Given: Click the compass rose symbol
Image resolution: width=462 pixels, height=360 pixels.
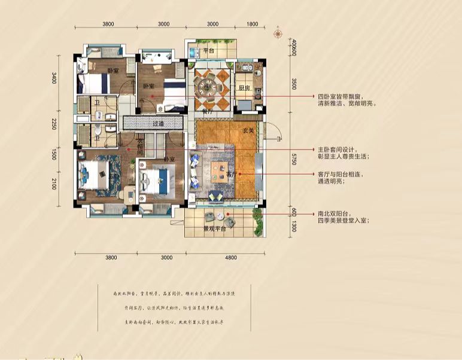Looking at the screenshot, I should coord(278,33).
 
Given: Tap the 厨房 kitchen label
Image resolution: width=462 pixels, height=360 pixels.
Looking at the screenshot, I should coord(244,87).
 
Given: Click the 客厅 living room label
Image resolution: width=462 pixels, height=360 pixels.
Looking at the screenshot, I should coord(233,173).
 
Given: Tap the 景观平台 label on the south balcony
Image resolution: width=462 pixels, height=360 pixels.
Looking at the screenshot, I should coord(214,228).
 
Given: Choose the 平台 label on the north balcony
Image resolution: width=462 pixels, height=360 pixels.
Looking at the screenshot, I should coord(208,51).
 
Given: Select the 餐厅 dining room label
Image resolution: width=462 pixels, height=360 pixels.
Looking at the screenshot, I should coord(208,111).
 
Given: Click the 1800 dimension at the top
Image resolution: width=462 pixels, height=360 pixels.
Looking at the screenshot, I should coord(251,23).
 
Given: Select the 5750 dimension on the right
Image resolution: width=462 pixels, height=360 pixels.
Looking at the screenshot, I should coord(294,160).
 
